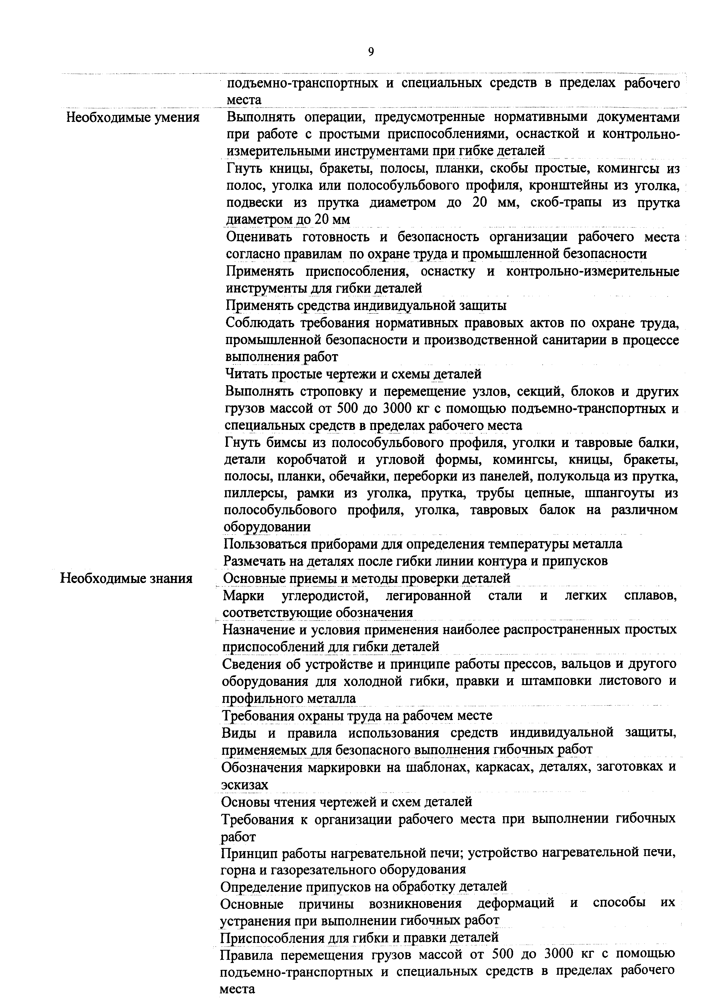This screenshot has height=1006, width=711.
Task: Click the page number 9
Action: tap(371, 52)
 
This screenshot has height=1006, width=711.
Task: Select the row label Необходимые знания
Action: tap(126, 578)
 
